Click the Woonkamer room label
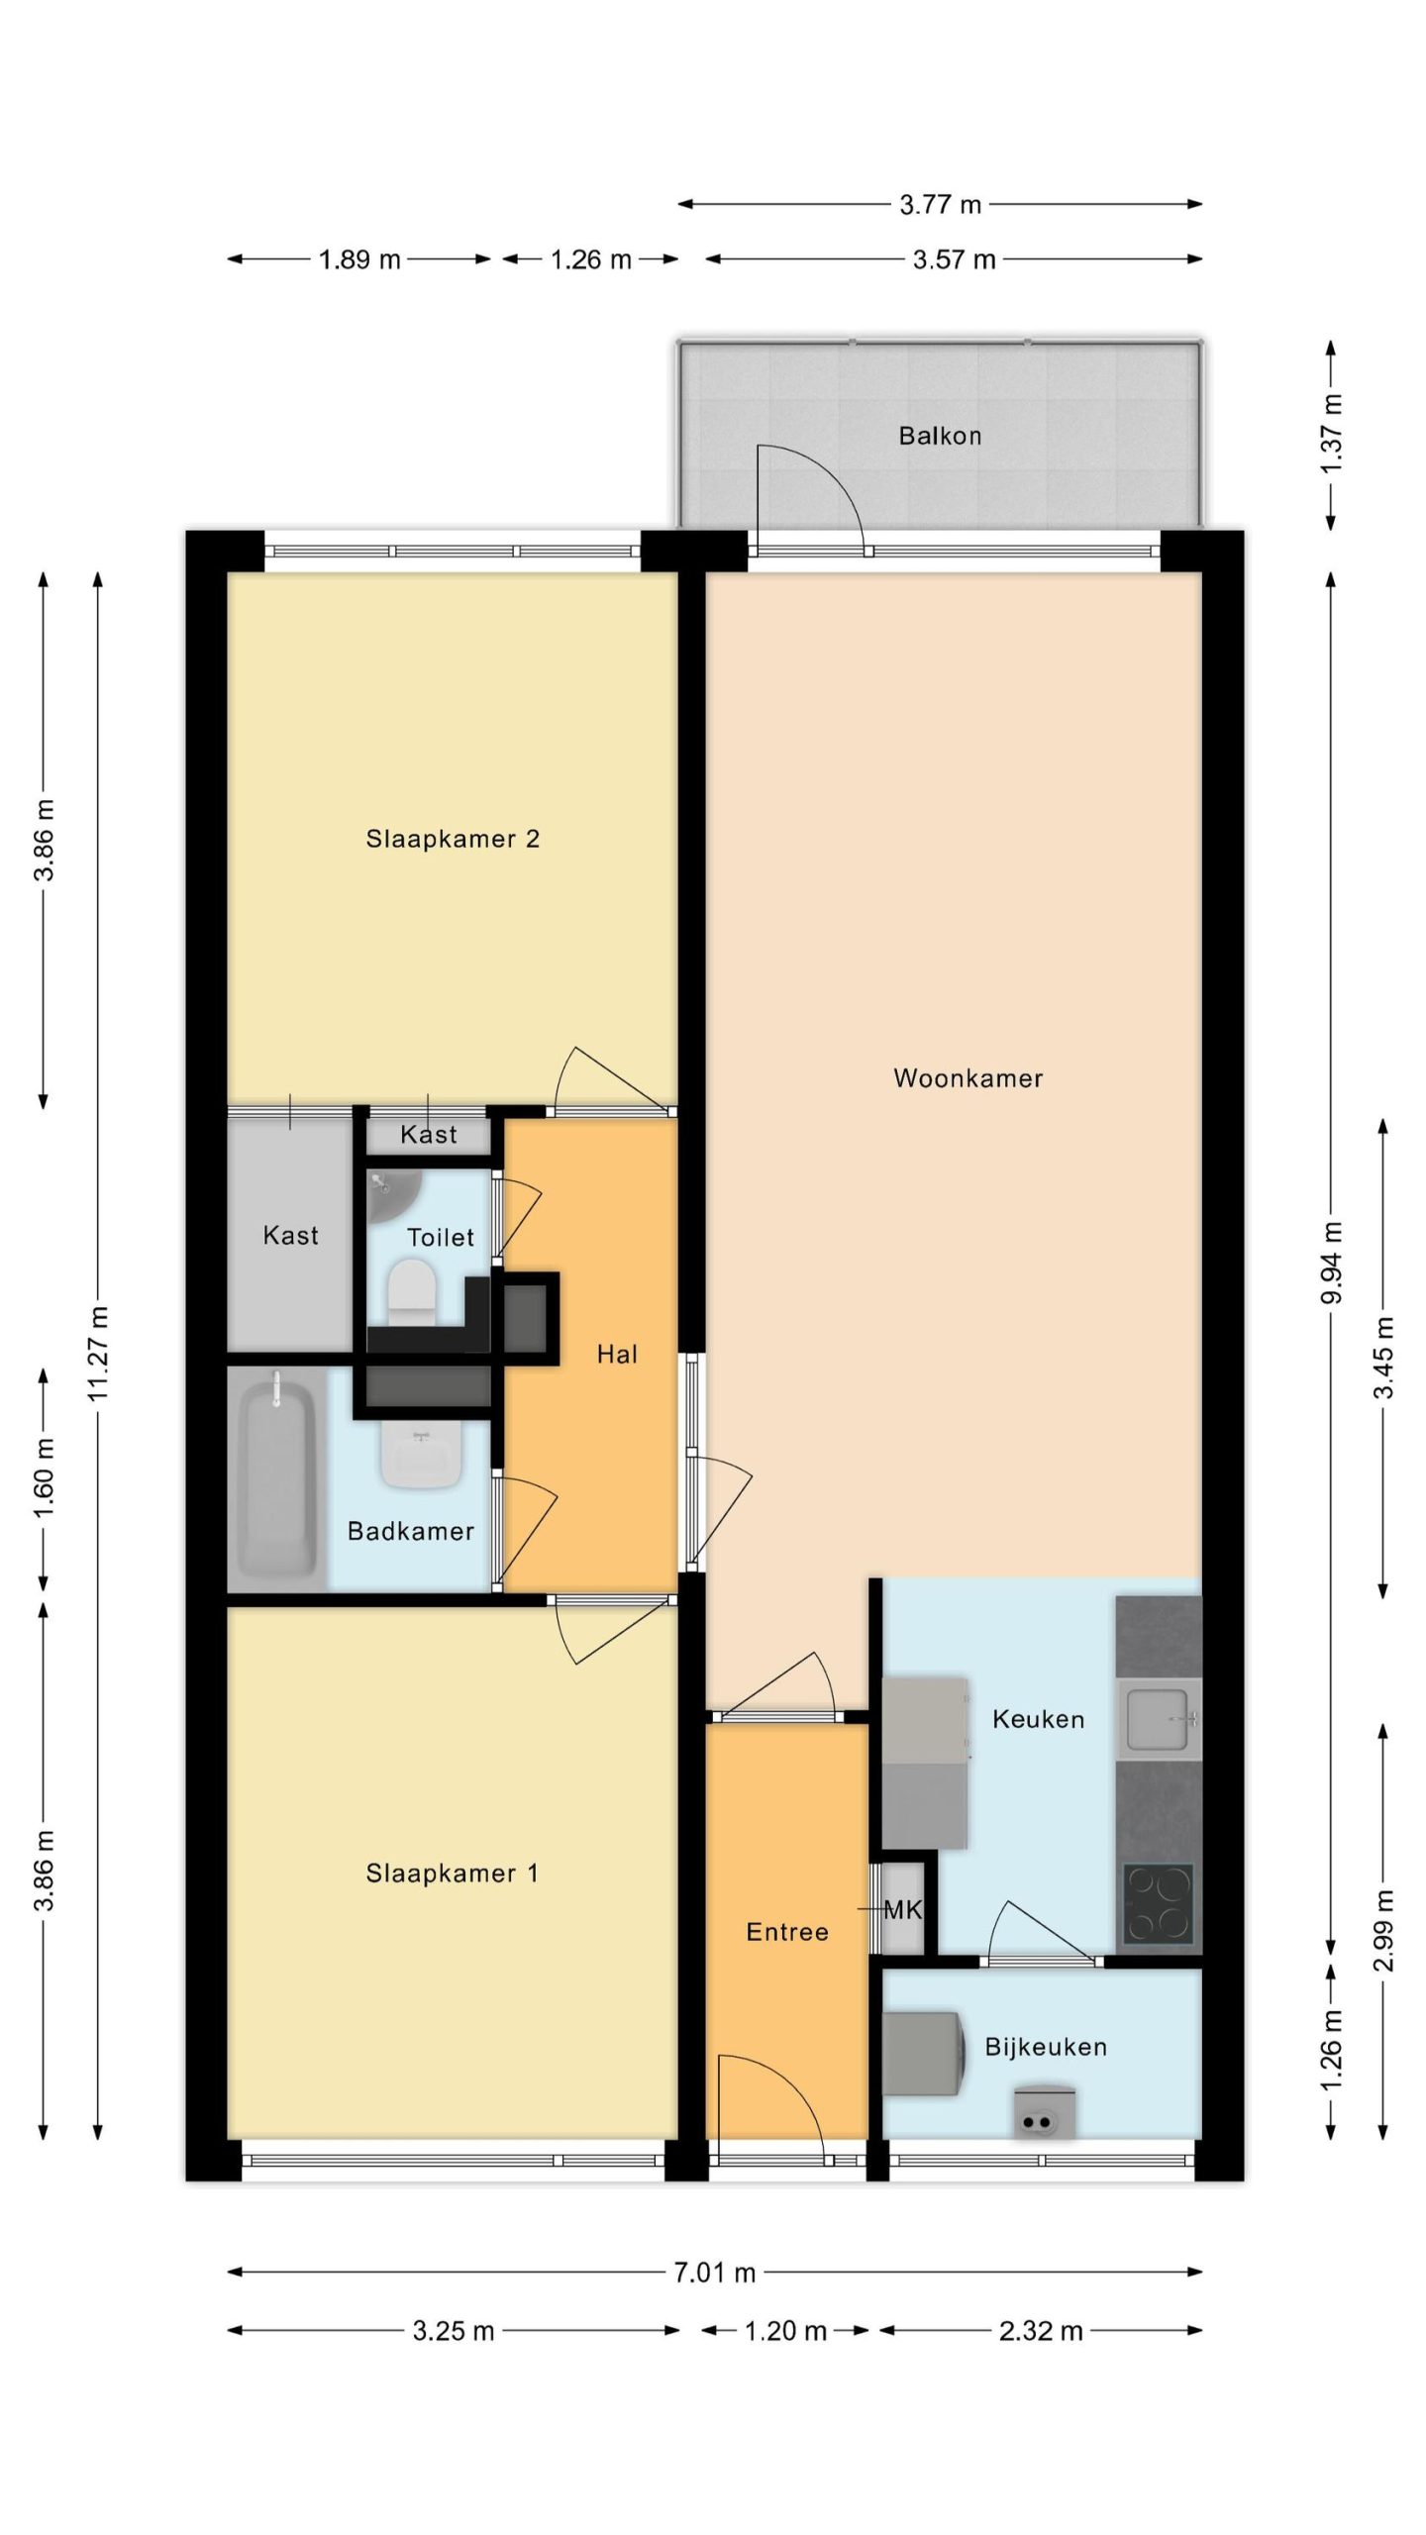click(968, 1078)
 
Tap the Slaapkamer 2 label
click(453, 839)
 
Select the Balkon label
click(940, 436)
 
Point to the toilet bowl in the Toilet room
click(412, 1291)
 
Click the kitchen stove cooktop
click(1158, 1903)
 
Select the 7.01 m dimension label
click(714, 2273)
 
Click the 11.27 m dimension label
click(98, 1353)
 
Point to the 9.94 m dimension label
click(1332, 1263)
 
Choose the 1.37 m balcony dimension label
click(1332, 434)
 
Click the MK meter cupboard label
click(902, 1910)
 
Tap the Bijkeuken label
click(1046, 2047)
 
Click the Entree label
click(787, 1932)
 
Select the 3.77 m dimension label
click(940, 205)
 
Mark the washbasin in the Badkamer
click(422, 1455)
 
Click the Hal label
click(617, 1354)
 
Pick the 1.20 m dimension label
click(785, 2331)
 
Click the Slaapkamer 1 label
click(453, 1874)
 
